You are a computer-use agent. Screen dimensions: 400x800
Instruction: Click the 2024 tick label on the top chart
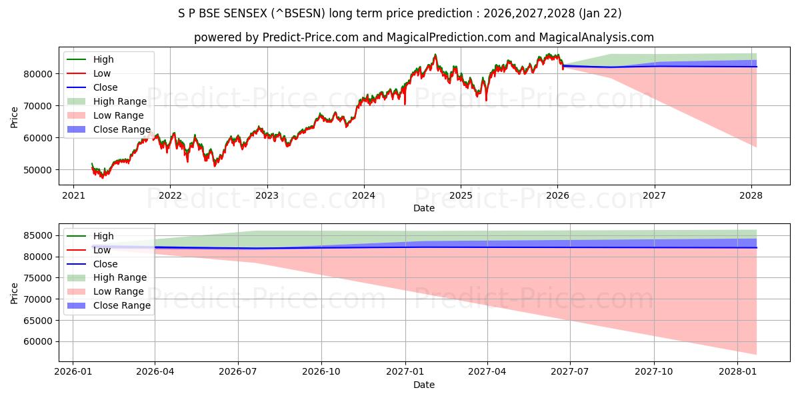363,196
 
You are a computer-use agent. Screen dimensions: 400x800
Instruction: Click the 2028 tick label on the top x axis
751,196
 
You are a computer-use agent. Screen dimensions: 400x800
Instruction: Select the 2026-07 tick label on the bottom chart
238,371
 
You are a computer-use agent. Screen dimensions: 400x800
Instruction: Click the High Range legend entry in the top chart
119,101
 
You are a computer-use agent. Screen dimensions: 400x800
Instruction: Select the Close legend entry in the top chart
105,87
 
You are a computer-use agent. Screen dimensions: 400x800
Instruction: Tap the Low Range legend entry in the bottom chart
118,291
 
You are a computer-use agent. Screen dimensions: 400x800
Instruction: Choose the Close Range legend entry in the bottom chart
121,305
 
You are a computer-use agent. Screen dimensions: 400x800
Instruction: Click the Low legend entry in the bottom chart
102,250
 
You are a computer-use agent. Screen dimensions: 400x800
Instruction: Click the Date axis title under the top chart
423,208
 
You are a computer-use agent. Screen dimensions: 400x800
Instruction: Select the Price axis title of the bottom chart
15,293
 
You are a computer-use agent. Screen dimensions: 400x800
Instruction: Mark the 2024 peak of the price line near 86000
435,55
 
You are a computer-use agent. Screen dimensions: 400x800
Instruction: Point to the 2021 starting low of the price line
102,177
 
